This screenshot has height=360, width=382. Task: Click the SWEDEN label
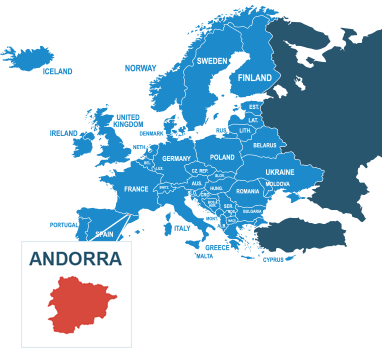pos(211,61)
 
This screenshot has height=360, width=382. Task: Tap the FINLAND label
pos(255,78)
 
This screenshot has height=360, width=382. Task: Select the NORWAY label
pos(140,68)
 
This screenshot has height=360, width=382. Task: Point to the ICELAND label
pos(58,72)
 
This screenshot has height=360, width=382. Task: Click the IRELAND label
pos(64,133)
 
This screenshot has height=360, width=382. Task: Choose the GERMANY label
pos(176,159)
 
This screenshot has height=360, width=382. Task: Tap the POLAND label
pos(222,157)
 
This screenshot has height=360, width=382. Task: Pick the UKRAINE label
pos(280,172)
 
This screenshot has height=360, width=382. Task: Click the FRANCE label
pos(136,189)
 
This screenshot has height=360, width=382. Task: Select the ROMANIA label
pos(247,191)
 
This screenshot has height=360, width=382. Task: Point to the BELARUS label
pos(264,146)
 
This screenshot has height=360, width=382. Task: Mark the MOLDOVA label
pos(278,184)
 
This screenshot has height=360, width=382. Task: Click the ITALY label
pos(181,229)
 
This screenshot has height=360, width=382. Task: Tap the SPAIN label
pos(104,234)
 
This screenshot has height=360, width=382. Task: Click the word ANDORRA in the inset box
pos(76,258)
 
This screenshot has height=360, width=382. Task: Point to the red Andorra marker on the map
pos(128,213)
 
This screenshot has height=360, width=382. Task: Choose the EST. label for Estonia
pos(254,107)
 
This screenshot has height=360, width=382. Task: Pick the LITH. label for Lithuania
pos(245,131)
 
